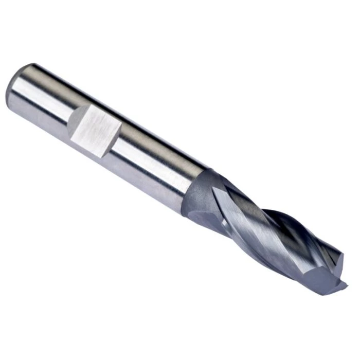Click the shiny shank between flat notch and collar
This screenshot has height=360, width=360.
(154, 154)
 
